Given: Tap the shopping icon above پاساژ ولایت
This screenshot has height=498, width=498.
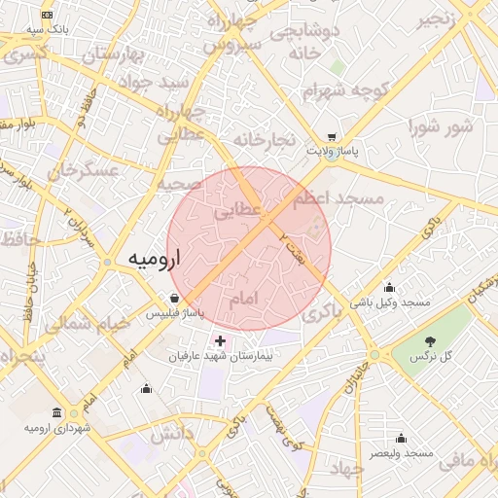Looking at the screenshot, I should pos(334,137).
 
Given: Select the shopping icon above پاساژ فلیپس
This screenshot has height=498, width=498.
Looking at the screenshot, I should pos(174,298).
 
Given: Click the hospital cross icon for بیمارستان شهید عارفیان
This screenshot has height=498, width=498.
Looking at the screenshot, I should pos(220,341).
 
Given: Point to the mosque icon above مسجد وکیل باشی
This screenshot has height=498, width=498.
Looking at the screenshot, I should pos(390,287).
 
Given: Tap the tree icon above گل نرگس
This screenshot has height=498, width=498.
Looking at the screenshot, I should pos(430,340).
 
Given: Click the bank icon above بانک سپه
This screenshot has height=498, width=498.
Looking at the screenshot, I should pos(48,16).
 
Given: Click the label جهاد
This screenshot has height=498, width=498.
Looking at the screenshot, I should pos(344,469).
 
